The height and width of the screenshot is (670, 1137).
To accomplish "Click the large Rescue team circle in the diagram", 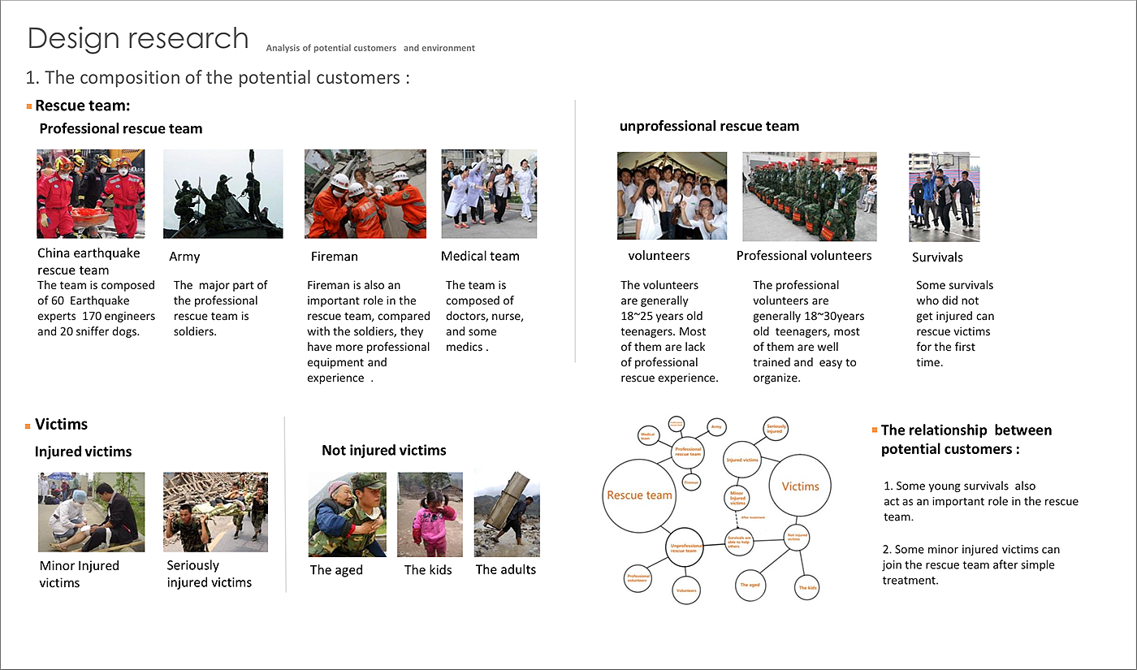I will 639,495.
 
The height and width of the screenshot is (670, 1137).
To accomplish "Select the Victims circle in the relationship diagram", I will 800,486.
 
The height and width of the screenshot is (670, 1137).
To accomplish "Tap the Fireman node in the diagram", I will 691,482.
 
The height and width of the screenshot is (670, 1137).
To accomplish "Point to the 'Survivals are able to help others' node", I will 739,540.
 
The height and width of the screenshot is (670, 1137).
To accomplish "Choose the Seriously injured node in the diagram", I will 775,428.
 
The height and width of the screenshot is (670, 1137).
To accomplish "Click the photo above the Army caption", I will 223,193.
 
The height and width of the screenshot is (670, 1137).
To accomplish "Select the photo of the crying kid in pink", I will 430,514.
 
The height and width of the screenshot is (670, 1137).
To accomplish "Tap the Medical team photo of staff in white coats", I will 489,193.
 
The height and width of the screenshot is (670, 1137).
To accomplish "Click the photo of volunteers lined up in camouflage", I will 810,196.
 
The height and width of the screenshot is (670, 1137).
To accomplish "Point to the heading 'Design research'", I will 138,38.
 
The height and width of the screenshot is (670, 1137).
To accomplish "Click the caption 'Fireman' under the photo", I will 334,257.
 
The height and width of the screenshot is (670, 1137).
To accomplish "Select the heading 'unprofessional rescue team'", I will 709,126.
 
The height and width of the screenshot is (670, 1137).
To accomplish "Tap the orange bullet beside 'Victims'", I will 28,425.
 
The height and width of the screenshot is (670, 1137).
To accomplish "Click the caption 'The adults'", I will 505,569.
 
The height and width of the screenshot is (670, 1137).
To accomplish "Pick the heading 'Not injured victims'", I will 383,450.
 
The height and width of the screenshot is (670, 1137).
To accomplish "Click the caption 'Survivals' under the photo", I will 937,257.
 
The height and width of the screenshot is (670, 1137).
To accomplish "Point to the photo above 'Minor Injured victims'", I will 91,512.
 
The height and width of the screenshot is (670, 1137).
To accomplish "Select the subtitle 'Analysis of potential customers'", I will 331,48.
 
